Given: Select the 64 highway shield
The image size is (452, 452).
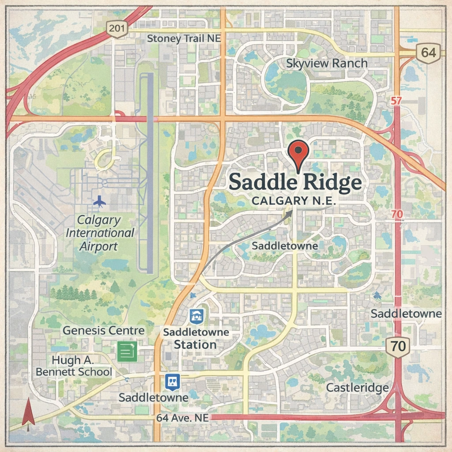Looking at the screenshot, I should [428, 53].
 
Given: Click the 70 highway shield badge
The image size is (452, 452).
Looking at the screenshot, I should [398, 346].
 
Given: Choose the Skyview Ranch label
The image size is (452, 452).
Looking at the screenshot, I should [327, 64].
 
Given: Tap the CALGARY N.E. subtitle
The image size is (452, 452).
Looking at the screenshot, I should [294, 201].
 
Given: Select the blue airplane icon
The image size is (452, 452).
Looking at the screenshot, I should [100, 201].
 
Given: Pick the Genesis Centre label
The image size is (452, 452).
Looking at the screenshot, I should [103, 330].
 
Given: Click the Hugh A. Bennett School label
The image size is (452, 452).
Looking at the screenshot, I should [74, 366].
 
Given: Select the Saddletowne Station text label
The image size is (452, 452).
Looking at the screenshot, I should [196, 339].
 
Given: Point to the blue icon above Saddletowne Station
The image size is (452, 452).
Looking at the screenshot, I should [196, 316].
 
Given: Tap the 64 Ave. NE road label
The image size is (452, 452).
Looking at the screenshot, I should [182, 418].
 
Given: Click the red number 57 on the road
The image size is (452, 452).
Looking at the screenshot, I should [396, 101].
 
